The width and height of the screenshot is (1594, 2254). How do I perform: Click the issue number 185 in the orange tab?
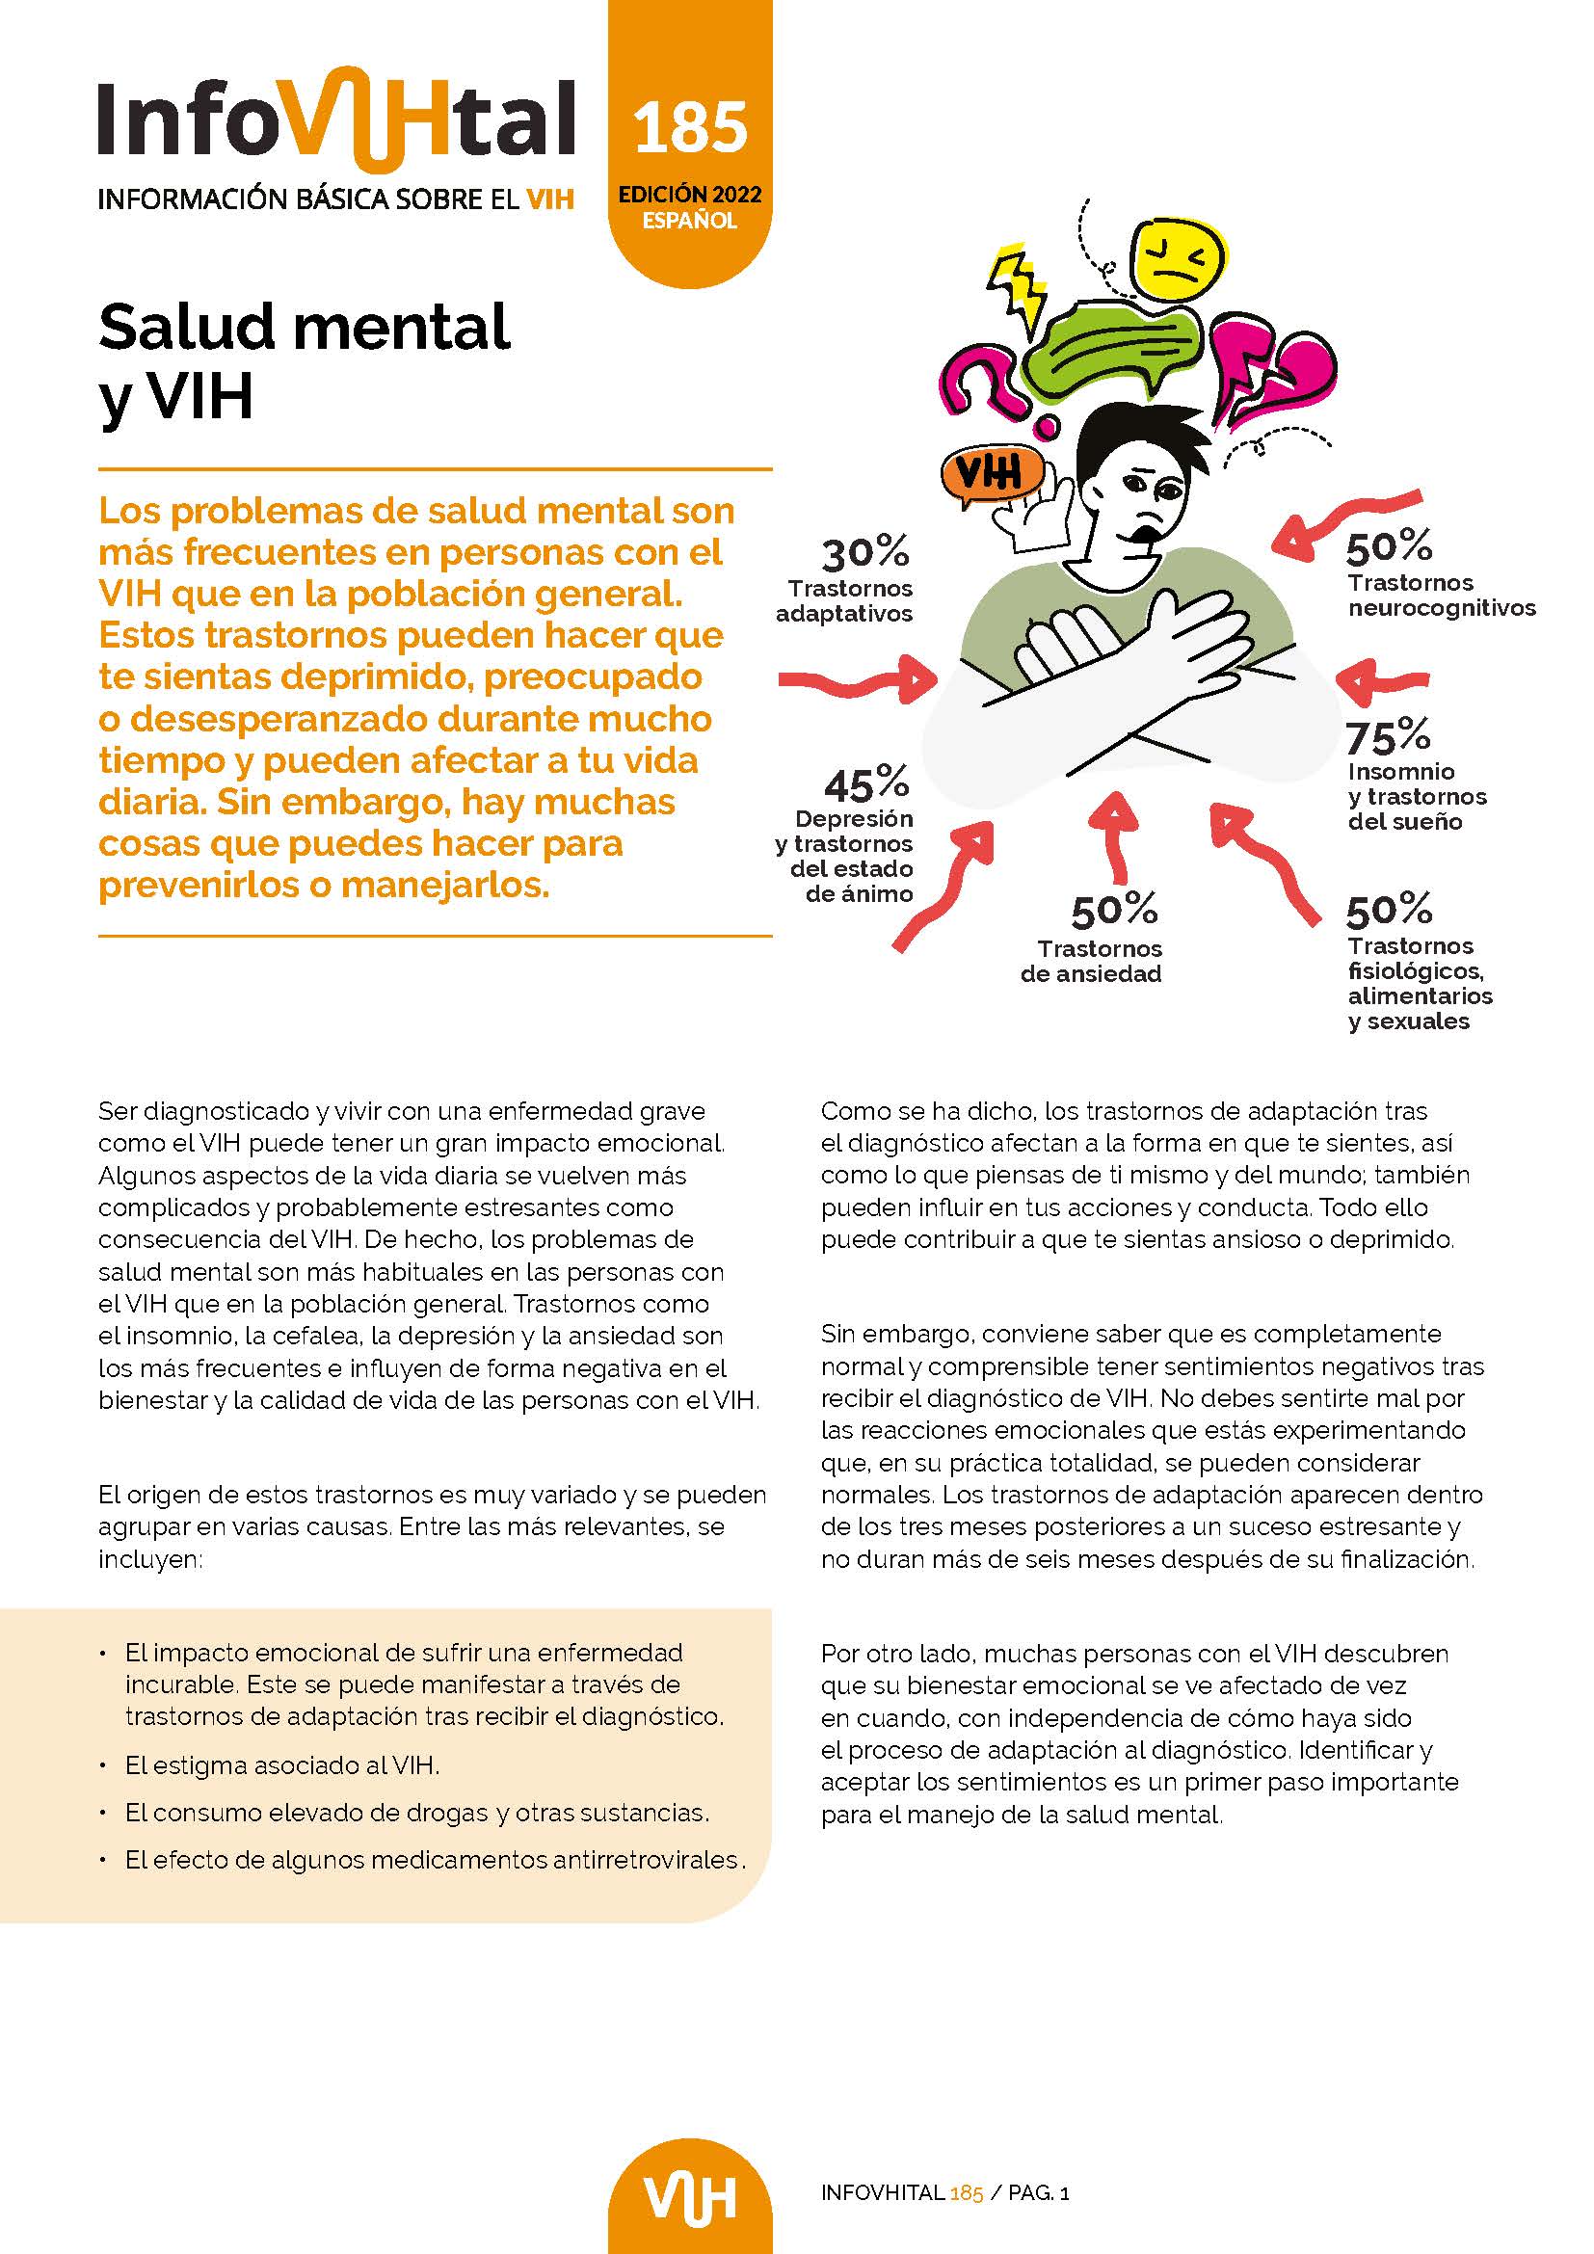click(690, 127)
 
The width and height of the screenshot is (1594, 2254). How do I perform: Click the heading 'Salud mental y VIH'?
click(305, 360)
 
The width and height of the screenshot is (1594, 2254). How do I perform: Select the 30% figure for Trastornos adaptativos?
click(864, 554)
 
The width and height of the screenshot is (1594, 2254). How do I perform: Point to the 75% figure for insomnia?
click(1388, 736)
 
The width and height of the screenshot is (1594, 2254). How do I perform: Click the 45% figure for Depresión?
click(865, 783)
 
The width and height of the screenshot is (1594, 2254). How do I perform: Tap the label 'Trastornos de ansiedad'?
click(1092, 961)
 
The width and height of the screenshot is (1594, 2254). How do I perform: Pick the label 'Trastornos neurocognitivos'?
click(1440, 595)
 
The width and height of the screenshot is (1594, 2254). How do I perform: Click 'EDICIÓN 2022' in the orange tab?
click(689, 195)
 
